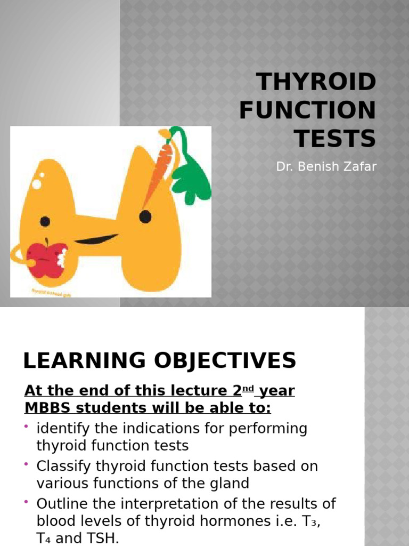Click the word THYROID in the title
coord(316,83)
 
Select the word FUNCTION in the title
coord(307,111)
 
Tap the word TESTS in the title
coord(336,139)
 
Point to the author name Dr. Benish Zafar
coord(326,167)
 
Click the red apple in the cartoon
coord(47,259)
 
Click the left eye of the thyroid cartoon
coord(45,221)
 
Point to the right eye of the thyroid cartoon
coord(145,216)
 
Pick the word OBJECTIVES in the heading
coord(223,361)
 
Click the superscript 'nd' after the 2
coord(248,388)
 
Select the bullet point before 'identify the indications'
coord(27,427)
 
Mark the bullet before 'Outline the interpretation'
coord(27,501)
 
